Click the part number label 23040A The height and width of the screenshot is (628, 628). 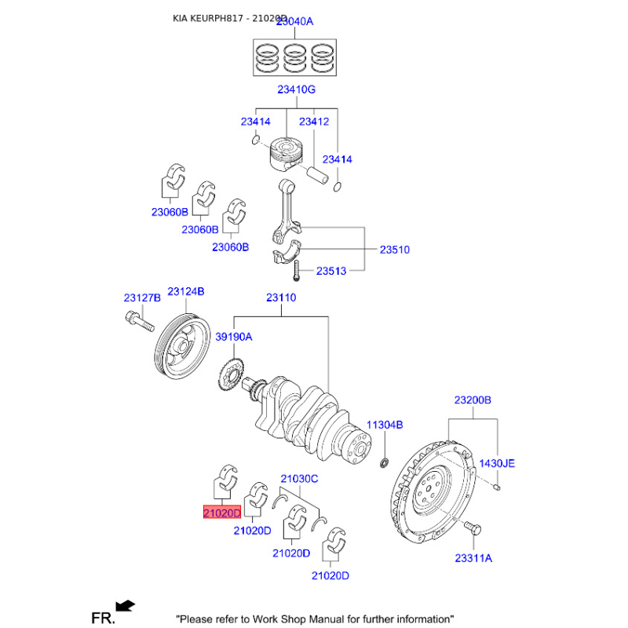click(291, 22)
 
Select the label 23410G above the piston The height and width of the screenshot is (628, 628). click(296, 90)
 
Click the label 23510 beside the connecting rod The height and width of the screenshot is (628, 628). click(395, 250)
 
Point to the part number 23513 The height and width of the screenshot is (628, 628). click(331, 272)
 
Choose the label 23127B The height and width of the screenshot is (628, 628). click(142, 298)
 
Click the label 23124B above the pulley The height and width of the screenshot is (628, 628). click(185, 291)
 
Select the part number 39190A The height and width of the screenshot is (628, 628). click(234, 336)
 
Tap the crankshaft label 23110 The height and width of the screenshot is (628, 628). click(281, 298)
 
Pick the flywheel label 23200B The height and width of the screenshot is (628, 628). click(473, 400)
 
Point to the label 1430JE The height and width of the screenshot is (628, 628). click(498, 464)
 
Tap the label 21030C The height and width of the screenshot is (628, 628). click(299, 478)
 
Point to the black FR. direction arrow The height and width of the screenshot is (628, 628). click(125, 604)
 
